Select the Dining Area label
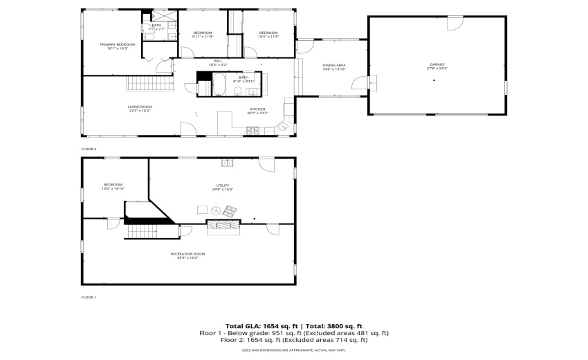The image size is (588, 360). [x=333, y=65]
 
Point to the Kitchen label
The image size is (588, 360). [x=258, y=109]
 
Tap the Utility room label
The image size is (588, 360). [x=223, y=185]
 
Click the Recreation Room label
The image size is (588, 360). [x=187, y=253]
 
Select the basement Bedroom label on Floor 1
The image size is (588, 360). [x=113, y=184]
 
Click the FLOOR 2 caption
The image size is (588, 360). [x=89, y=149]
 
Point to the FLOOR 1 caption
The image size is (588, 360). [x=89, y=297]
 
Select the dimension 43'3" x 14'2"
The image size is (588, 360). [x=187, y=258]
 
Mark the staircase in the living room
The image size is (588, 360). [x=149, y=83]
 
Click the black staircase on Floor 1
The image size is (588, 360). [x=147, y=228]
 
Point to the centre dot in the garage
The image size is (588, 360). [x=434, y=81]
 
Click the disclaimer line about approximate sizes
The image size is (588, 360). [x=294, y=350]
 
